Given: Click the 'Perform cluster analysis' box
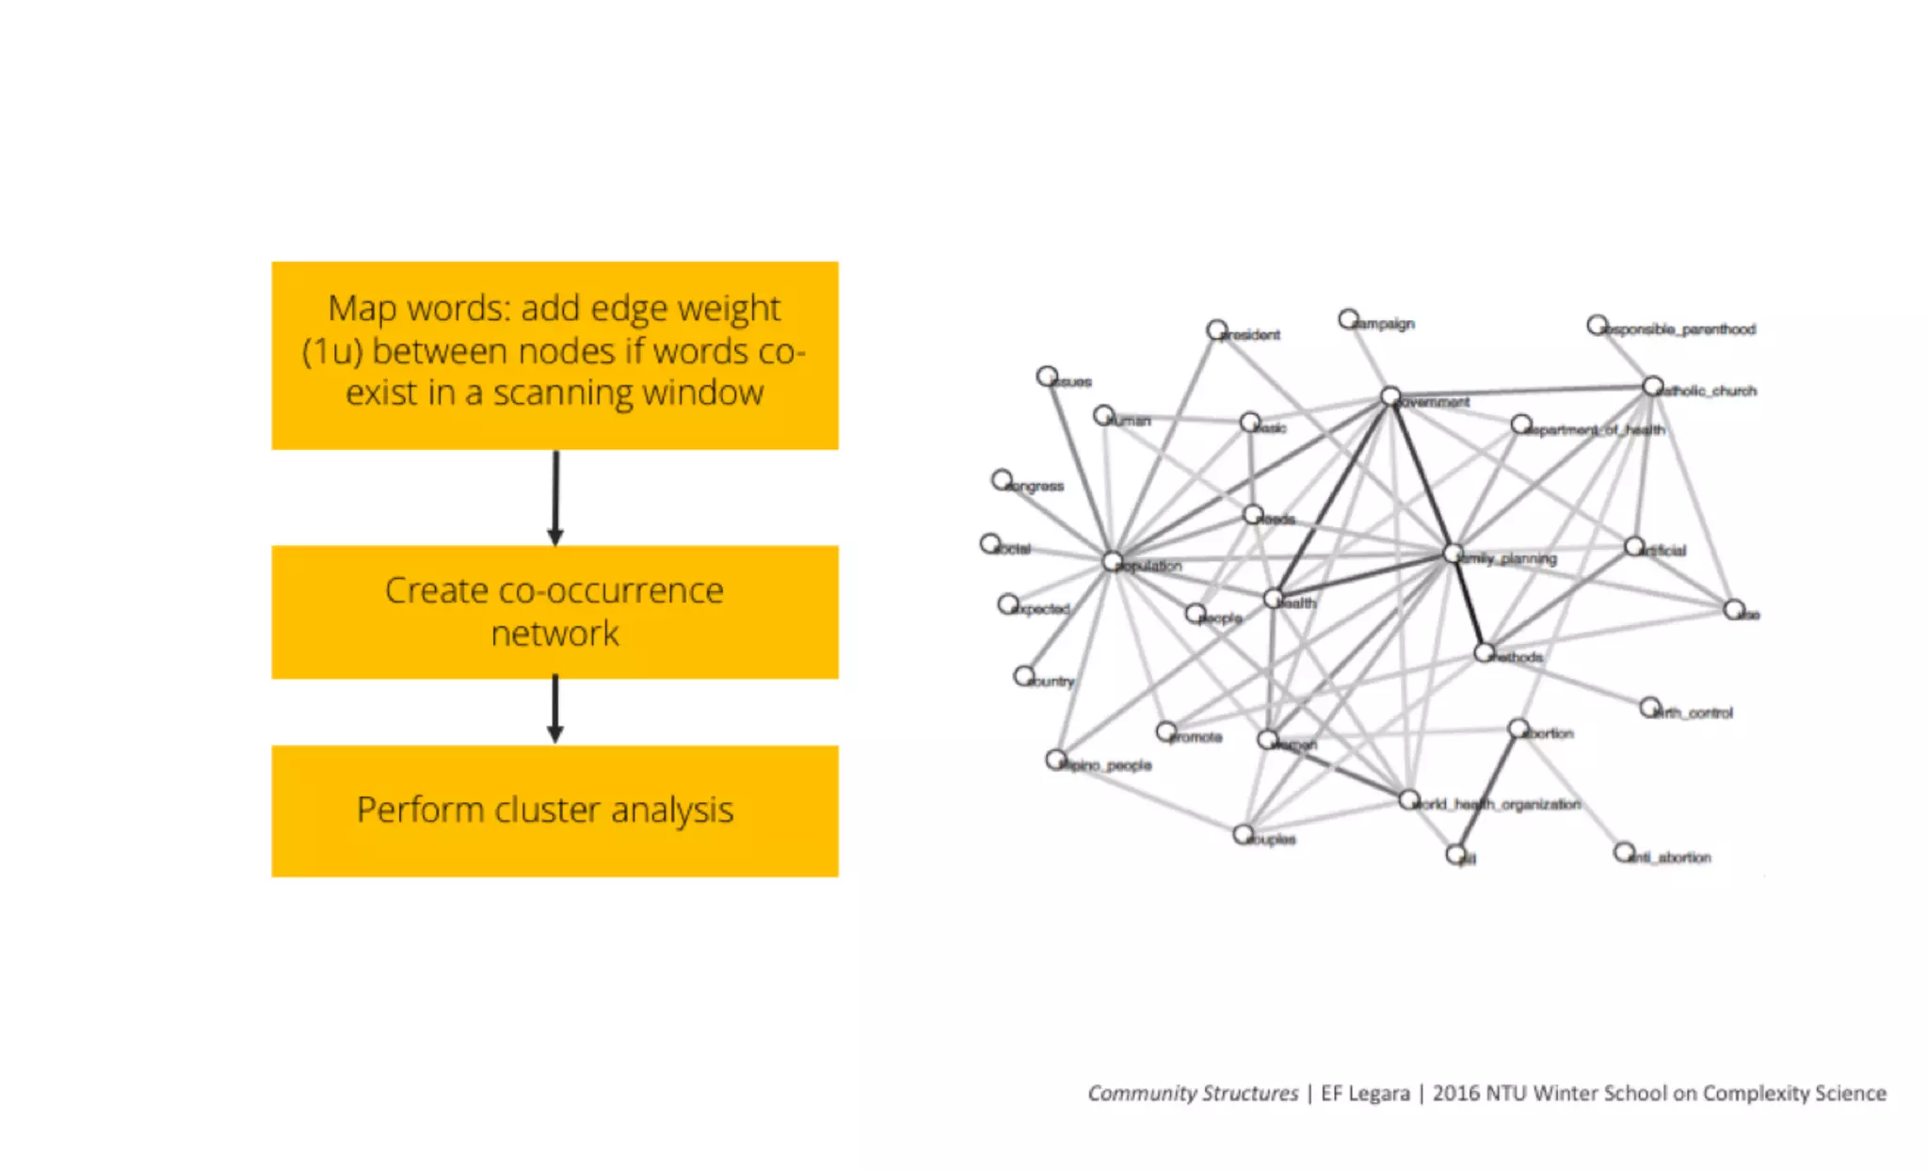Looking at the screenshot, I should (x=554, y=810).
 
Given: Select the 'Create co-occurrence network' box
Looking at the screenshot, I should (x=554, y=612).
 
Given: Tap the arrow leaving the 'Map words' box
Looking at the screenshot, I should (x=555, y=497).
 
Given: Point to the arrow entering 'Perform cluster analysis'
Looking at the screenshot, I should (x=555, y=710).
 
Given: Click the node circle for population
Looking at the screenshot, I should (x=1113, y=562).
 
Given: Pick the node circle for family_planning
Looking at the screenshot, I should (x=1453, y=553).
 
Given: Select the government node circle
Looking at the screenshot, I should (x=1390, y=396).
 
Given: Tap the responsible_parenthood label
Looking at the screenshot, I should (x=1681, y=329).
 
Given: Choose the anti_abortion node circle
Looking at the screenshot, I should (x=1624, y=852).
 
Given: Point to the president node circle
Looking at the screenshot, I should (x=1216, y=329).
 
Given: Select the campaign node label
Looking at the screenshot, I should (x=1385, y=324).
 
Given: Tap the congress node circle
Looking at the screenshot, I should (x=1002, y=480).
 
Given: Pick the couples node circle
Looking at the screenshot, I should (x=1243, y=834).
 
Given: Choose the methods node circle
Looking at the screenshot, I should (x=1484, y=652).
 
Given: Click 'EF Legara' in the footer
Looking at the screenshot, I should (x=1365, y=1093).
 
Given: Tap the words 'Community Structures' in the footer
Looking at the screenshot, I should (x=1193, y=1093).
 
